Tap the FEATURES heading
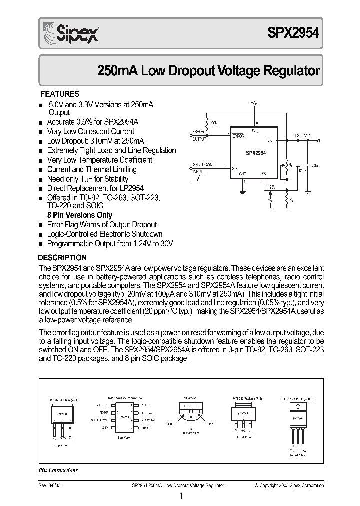60,94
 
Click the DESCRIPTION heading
63,258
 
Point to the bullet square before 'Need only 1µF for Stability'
41,180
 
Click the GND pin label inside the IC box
243,173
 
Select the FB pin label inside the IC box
263,173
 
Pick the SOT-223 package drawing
243,414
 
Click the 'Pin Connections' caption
58,470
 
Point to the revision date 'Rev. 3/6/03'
49,485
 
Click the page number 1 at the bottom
180,496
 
